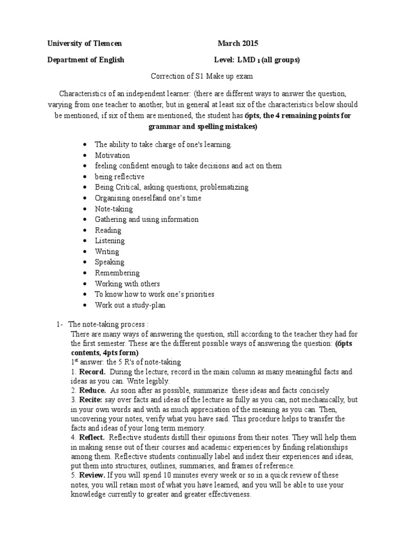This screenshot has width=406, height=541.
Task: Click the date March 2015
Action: (x=238, y=43)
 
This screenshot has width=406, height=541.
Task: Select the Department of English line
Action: (x=86, y=60)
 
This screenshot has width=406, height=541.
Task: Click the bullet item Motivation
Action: (x=112, y=155)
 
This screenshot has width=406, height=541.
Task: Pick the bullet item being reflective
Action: (x=119, y=176)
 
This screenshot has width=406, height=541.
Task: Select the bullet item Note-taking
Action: (x=114, y=209)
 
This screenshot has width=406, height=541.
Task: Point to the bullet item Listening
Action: (x=109, y=241)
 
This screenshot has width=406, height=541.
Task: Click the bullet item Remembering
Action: (x=117, y=273)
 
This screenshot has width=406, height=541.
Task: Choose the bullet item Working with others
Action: (x=127, y=284)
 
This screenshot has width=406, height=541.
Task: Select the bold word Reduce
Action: (x=93, y=390)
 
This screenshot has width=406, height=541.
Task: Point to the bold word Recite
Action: (x=91, y=399)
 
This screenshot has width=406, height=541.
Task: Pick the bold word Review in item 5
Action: (x=92, y=475)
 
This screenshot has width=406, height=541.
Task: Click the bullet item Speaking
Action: (x=109, y=262)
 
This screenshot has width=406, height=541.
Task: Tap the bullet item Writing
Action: (x=107, y=251)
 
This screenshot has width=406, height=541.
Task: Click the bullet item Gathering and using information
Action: (x=146, y=219)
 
